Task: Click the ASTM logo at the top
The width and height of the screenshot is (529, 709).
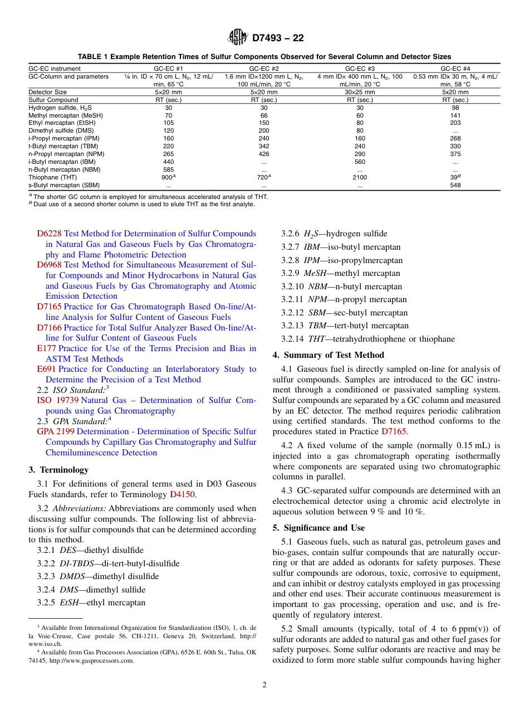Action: (238, 38)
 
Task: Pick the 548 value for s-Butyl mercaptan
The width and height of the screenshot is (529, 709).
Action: (455, 185)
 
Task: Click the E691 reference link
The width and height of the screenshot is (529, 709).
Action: (46, 369)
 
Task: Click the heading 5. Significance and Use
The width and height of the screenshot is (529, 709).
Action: (319, 528)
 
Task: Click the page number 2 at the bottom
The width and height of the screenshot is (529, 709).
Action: (264, 685)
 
